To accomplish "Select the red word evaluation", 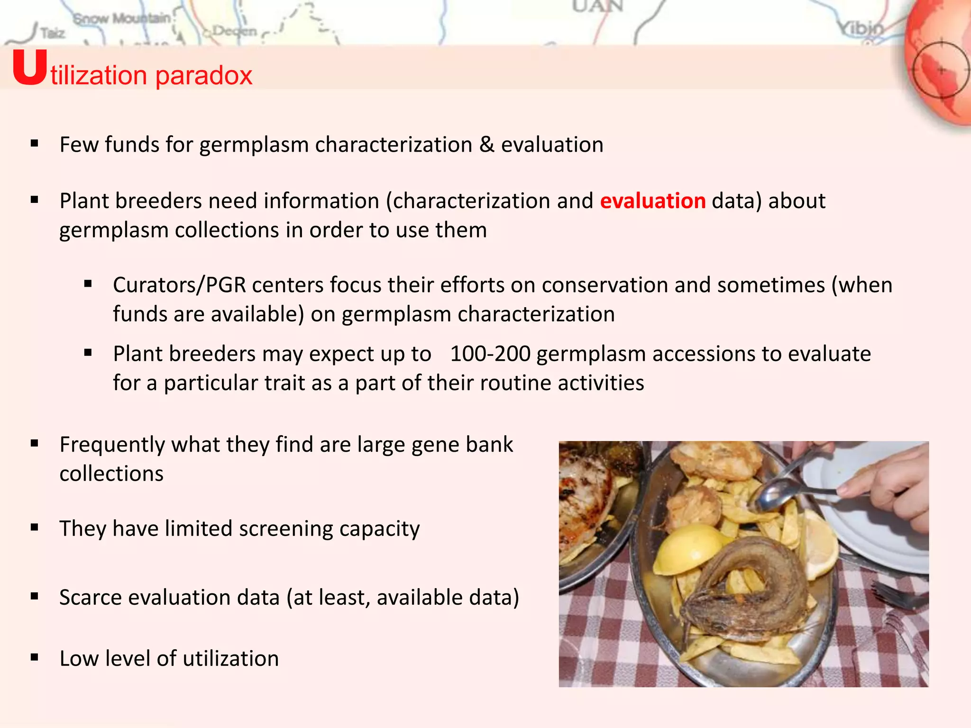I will tap(652, 201).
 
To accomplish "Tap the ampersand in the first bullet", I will tap(486, 145).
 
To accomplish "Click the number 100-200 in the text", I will tap(490, 354).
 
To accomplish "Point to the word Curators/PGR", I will tap(179, 285).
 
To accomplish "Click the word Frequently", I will tap(112, 445).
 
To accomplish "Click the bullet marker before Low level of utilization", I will tap(34, 657).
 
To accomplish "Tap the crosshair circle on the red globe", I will tap(941, 70).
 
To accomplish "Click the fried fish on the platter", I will tap(744, 592).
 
